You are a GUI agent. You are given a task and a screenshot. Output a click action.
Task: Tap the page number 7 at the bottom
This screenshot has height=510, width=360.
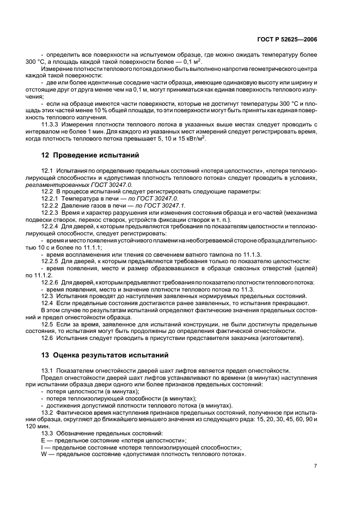click(x=315, y=466)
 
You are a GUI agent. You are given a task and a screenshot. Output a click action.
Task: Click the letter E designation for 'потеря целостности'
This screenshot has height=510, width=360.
click(x=43, y=440)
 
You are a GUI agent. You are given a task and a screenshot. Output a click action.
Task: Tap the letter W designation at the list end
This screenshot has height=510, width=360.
click(x=44, y=454)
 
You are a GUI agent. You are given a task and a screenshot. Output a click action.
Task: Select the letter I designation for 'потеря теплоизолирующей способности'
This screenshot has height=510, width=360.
click(x=42, y=447)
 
